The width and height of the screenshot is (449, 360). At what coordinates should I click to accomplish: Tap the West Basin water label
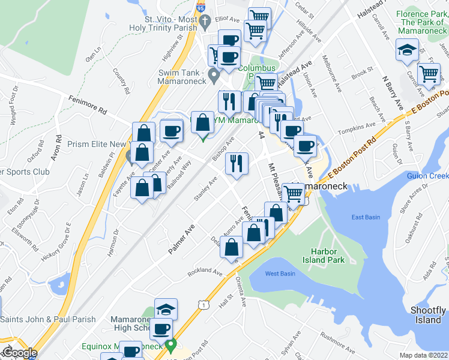tap(280, 274)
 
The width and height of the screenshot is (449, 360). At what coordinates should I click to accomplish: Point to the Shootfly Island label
tap(428, 314)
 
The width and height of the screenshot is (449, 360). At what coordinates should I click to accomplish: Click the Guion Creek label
tap(427, 176)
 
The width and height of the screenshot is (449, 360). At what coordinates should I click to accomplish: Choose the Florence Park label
tap(421, 20)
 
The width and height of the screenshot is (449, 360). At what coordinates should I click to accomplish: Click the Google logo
tap(19, 352)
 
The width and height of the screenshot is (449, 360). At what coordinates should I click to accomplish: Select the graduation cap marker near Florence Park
tap(408, 50)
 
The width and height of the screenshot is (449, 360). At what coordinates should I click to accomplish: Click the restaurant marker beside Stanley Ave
tap(237, 163)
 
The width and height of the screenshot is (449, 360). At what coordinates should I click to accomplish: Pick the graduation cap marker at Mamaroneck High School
tap(166, 310)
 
